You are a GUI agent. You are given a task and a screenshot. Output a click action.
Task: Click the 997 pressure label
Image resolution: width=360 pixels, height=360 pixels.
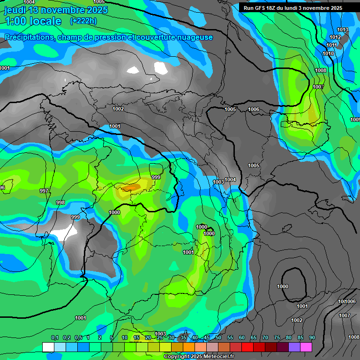44,191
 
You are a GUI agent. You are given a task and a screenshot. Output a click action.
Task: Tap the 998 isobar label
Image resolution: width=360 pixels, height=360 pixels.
60,202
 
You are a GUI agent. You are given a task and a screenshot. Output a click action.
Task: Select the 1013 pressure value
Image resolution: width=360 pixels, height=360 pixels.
343,30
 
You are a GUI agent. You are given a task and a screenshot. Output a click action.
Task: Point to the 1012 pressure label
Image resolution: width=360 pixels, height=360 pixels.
335,37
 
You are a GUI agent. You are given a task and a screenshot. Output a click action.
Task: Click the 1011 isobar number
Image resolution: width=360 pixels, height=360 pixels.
331,45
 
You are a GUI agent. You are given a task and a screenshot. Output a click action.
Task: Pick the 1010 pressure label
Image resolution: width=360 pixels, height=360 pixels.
328,54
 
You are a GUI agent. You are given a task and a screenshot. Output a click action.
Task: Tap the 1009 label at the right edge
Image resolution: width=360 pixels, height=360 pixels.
355,120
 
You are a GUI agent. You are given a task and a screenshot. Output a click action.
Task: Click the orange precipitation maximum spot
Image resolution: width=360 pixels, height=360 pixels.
132,187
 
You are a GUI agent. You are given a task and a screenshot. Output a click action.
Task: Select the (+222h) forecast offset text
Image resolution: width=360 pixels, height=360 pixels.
83,21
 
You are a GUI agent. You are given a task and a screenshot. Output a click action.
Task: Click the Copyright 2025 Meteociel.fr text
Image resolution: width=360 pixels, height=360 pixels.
198,357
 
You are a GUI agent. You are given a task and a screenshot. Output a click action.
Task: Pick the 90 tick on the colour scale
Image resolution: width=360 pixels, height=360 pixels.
312,338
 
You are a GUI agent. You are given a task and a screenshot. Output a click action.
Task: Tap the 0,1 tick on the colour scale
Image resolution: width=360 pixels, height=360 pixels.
54,338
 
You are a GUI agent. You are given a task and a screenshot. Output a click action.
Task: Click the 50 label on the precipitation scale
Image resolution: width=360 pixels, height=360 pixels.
218,338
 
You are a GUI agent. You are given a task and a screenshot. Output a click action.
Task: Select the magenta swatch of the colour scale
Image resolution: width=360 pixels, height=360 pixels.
306,347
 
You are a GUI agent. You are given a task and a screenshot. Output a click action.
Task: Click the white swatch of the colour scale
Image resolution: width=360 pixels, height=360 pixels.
48,347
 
